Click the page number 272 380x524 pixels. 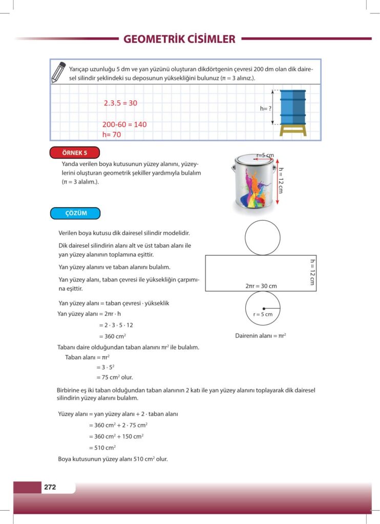(x=50, y=487)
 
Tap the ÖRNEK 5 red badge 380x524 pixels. (x=75, y=152)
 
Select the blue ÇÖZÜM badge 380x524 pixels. (x=75, y=213)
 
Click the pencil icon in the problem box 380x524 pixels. (x=59, y=72)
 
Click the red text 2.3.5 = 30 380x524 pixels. (x=120, y=103)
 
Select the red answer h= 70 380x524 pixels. (x=112, y=135)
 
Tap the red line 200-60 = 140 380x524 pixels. (x=124, y=124)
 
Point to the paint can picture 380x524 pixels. (x=255, y=183)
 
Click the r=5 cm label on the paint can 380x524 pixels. (x=265, y=155)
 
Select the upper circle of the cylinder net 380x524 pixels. (x=263, y=237)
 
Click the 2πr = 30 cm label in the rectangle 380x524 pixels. (x=261, y=286)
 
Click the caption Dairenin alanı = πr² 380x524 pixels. (x=260, y=336)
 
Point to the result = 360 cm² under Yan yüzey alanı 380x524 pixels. (x=113, y=336)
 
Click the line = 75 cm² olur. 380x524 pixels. (x=114, y=377)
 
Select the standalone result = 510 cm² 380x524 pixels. (x=102, y=447)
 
